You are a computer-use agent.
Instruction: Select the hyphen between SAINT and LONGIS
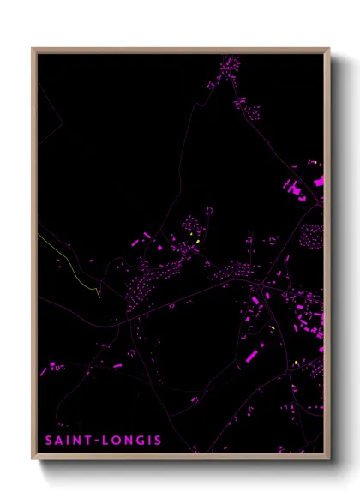[98, 441]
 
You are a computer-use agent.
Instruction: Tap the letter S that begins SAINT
[48, 441]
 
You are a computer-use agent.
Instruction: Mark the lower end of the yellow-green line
[99, 296]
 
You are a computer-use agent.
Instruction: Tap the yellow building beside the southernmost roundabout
[297, 363]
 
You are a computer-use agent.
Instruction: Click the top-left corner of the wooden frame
[33, 49]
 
